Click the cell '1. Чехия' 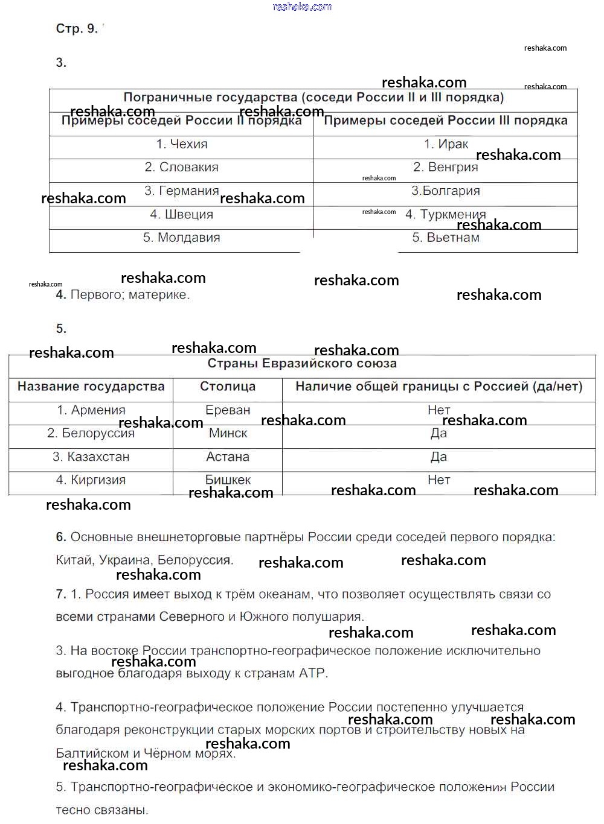[181, 144]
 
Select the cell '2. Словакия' [181, 167]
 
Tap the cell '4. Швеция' [181, 214]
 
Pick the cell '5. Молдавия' [181, 238]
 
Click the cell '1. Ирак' [446, 144]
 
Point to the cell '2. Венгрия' [446, 167]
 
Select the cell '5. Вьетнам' [446, 238]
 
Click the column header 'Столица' [228, 387]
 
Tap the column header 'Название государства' [91, 387]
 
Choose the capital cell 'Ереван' [228, 410]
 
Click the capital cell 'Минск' [228, 433]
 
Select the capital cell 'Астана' [228, 457]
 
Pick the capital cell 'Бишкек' [228, 480]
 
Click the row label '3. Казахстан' [91, 457]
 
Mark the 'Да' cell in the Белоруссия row [439, 433]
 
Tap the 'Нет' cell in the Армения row [439, 410]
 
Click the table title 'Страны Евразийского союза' [302, 363]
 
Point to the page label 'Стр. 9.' [77, 28]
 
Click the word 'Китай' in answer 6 [74, 560]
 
